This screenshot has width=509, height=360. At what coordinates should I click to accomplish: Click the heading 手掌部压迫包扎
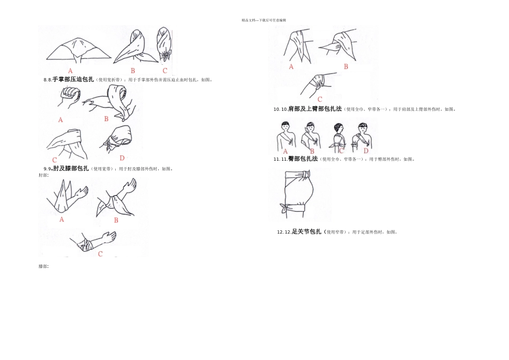click(73, 79)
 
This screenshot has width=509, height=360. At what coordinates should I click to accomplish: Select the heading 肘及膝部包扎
click(71, 168)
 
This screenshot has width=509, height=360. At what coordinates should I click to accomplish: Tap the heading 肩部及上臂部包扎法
click(315, 109)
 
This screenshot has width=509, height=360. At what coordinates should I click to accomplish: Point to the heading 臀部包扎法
click(303, 159)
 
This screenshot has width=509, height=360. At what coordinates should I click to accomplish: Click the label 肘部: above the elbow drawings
click(43, 175)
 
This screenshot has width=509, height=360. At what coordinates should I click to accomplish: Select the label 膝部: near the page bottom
click(43, 266)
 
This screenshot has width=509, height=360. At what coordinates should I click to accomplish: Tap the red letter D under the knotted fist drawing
click(122, 157)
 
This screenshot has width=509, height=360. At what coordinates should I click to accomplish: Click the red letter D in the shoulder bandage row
click(365, 151)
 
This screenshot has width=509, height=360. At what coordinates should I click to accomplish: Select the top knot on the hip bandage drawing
click(306, 175)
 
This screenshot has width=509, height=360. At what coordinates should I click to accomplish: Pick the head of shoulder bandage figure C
click(339, 129)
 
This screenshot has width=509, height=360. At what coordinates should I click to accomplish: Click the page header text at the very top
click(264, 20)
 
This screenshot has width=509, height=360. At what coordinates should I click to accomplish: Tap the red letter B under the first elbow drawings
click(116, 220)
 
